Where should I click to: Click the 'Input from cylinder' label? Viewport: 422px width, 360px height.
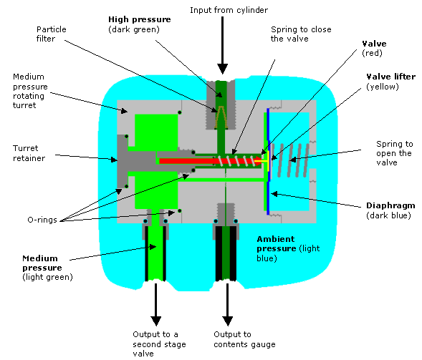click(x=229, y=10)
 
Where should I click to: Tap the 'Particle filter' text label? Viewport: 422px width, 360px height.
click(x=51, y=34)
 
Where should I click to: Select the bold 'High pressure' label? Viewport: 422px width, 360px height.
click(x=140, y=19)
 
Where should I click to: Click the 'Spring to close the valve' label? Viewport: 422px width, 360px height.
click(x=301, y=34)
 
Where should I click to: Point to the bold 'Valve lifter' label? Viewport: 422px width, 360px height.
click(x=390, y=77)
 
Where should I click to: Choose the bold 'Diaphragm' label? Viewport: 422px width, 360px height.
click(x=390, y=205)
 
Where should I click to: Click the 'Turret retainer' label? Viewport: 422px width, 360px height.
click(x=29, y=153)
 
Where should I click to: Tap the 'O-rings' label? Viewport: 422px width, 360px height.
click(x=42, y=220)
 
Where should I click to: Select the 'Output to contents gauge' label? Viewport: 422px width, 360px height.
click(x=244, y=339)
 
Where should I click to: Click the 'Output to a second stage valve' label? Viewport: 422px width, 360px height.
click(x=159, y=344)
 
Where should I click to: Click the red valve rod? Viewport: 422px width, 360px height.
click(x=210, y=161)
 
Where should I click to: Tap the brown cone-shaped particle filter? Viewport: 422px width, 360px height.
click(x=221, y=117)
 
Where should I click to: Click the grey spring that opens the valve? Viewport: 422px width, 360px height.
click(x=289, y=160)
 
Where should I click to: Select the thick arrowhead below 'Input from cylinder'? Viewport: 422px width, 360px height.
click(x=223, y=69)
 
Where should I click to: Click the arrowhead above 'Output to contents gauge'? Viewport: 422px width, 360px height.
click(x=227, y=321)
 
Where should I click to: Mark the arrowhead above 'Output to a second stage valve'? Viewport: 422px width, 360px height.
click(x=155, y=321)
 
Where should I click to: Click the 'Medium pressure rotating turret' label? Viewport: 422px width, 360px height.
click(x=30, y=91)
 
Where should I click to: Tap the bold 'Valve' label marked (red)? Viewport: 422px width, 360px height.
click(x=374, y=44)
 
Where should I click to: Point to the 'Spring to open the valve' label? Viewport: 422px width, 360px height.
click(x=394, y=153)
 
